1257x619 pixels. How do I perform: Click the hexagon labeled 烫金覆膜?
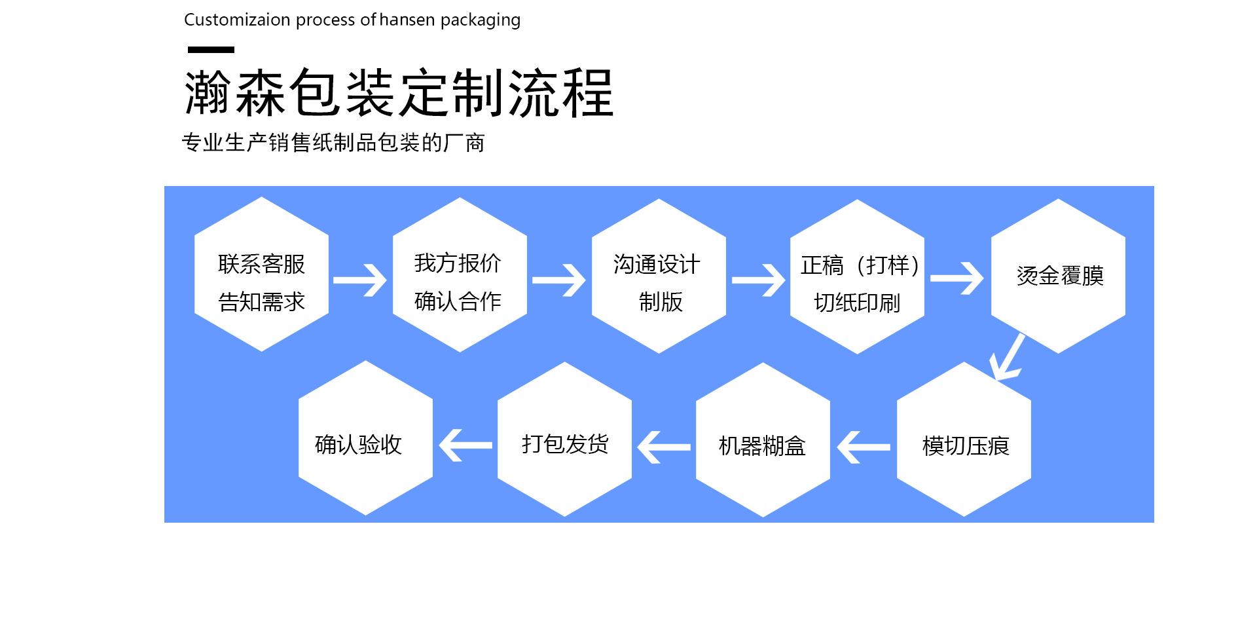(1058, 276)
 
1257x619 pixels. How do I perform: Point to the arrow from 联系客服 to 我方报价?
(359, 280)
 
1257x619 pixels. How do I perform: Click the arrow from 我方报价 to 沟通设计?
(558, 280)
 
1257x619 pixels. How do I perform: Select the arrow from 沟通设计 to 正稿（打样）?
(757, 280)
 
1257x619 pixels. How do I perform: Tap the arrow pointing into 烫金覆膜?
(956, 279)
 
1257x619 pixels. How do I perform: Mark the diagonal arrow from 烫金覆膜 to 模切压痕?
(1007, 358)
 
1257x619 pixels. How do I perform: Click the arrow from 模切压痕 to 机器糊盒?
(864, 447)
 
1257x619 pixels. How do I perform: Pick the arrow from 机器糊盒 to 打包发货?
(664, 447)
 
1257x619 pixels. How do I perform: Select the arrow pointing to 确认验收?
(465, 445)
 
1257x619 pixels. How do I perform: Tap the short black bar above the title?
(211, 50)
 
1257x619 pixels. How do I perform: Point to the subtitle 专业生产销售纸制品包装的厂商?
(333, 143)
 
